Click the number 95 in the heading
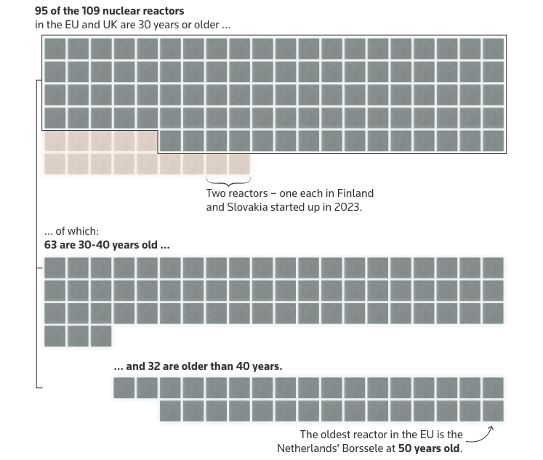point(41,12)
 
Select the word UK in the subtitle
point(105,25)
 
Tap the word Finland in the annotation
point(353,193)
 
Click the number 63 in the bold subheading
point(51,245)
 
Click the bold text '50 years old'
point(429,448)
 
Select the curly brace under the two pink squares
point(228,179)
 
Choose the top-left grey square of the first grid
point(55,49)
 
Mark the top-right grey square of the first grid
point(493,49)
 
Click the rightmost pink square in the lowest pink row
point(240,164)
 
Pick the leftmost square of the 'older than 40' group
point(124,388)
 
